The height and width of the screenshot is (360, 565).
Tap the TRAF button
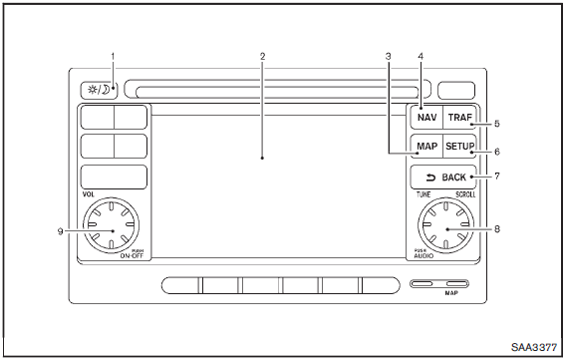(459, 118)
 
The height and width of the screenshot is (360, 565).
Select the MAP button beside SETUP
(426, 147)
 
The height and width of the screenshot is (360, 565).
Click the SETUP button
(459, 147)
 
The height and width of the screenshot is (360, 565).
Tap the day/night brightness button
(99, 90)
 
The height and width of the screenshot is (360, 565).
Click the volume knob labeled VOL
(111, 224)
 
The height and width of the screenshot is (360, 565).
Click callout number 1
(113, 56)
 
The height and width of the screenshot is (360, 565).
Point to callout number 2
(263, 56)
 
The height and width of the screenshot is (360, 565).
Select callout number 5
(497, 124)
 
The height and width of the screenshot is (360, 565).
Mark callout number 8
(497, 229)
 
